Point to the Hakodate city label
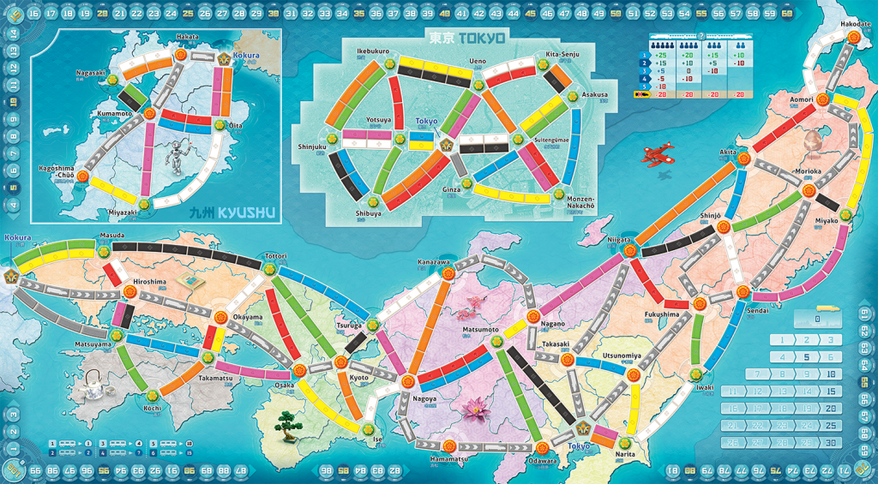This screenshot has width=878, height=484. click(847, 24)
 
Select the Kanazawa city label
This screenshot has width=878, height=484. click(433, 261)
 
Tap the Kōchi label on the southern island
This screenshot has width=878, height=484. click(153, 409)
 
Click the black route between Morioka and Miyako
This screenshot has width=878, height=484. click(827, 203)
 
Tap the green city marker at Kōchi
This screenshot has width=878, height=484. click(152, 396)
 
